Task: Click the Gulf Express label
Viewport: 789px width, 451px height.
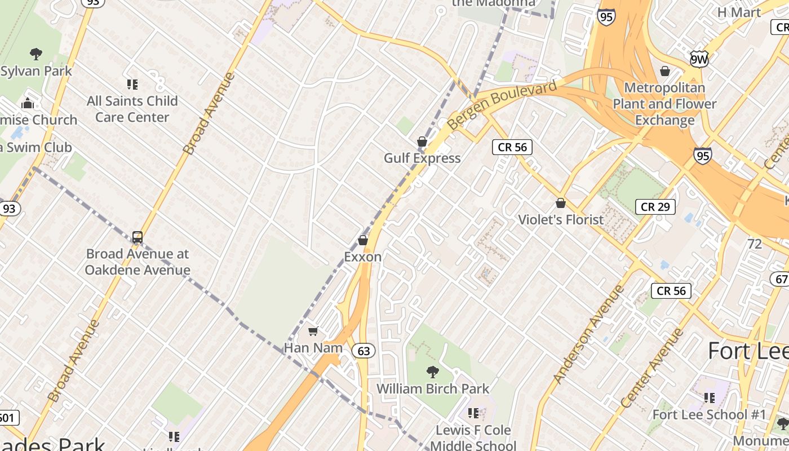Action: [x=422, y=158]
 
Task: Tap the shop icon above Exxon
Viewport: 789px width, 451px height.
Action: [x=363, y=241]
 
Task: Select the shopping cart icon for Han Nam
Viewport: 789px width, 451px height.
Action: [x=313, y=331]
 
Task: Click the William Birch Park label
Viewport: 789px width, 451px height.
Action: [x=433, y=388]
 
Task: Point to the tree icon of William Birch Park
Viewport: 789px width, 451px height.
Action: [x=433, y=372]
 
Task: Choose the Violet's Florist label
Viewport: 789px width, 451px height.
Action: [x=560, y=220]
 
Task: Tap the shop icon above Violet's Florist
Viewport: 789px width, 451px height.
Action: [x=561, y=203]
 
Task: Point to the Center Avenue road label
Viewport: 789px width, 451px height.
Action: [x=653, y=368]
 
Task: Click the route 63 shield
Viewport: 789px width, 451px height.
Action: [x=364, y=351]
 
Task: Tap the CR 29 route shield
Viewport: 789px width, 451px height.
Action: [x=655, y=207]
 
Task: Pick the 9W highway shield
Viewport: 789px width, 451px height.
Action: [x=699, y=59]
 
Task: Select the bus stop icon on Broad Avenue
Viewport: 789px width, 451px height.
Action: [x=138, y=237]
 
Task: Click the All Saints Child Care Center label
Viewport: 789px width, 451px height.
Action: [x=132, y=109]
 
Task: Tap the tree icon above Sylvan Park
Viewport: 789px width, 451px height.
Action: [x=36, y=55]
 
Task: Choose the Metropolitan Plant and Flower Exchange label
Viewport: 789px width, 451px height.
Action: [x=665, y=104]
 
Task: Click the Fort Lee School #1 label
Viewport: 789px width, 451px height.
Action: [x=709, y=415]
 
